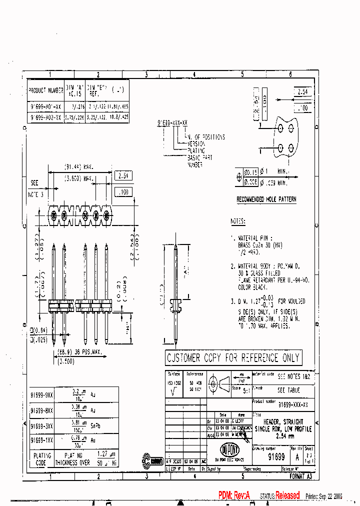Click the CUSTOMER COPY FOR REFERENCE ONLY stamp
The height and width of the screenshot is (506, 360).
[233, 358]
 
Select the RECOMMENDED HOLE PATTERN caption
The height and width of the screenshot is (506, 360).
[266, 199]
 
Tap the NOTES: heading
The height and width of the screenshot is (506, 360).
[238, 221]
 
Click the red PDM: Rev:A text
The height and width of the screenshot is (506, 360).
[233, 495]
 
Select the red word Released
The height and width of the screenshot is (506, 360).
[287, 495]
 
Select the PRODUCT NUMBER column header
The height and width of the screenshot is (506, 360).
[45, 90]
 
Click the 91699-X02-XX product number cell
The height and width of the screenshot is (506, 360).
[45, 117]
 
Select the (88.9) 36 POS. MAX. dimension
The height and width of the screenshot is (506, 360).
[80, 352]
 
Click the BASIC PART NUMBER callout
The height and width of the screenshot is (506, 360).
[199, 160]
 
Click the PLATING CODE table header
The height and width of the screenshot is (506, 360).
[42, 459]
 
